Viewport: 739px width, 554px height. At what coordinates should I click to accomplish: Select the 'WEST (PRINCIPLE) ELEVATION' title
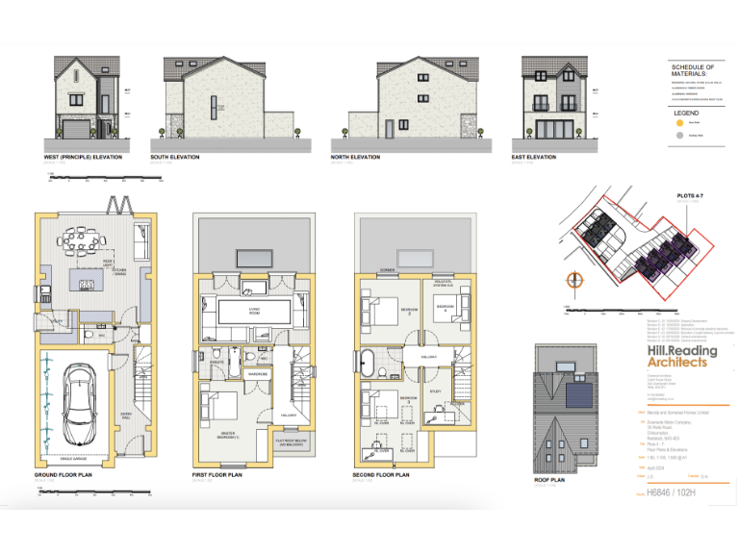coord(83,157)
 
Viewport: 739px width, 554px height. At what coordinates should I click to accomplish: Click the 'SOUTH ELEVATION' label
coord(175,157)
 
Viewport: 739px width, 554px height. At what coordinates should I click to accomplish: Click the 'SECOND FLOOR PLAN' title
coord(382,475)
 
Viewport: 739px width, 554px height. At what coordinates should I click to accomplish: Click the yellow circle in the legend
coord(679,122)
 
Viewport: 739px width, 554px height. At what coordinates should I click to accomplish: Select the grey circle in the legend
coord(679,137)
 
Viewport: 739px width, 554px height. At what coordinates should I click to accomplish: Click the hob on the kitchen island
coord(84,285)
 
